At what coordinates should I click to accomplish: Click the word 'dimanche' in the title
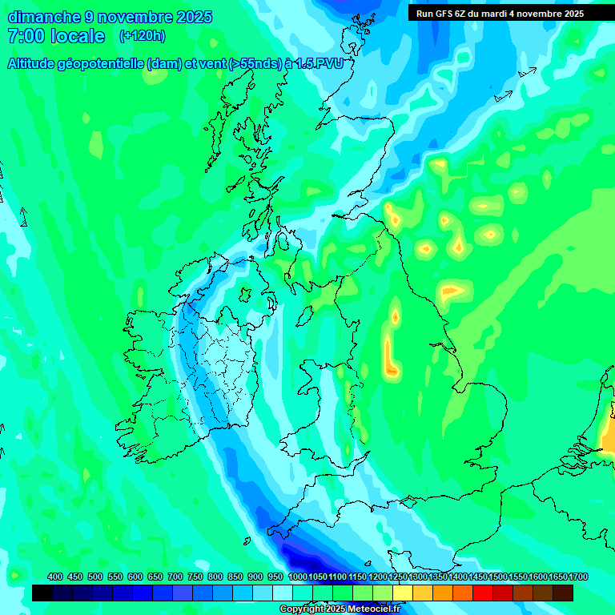pyautogui.click(x=41, y=17)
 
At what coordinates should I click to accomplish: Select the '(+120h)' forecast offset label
pyautogui.click(x=142, y=36)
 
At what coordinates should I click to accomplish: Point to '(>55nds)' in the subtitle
pyautogui.click(x=255, y=64)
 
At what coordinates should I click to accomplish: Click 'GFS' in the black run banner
pyautogui.click(x=446, y=14)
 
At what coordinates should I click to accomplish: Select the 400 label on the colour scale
pyautogui.click(x=55, y=577)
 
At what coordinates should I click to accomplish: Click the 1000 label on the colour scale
pyautogui.click(x=297, y=577)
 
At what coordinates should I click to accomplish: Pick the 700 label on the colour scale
pyautogui.click(x=175, y=577)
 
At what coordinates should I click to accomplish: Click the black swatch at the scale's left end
pyautogui.click(x=42, y=593)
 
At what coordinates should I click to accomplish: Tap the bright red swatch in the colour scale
pyautogui.click(x=483, y=593)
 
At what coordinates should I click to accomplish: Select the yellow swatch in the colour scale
pyautogui.click(x=403, y=593)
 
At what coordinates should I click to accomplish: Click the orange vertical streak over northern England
pyautogui.click(x=389, y=356)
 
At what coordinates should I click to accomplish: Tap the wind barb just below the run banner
pyautogui.click(x=526, y=73)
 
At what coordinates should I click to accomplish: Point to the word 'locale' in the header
pyautogui.click(x=78, y=36)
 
